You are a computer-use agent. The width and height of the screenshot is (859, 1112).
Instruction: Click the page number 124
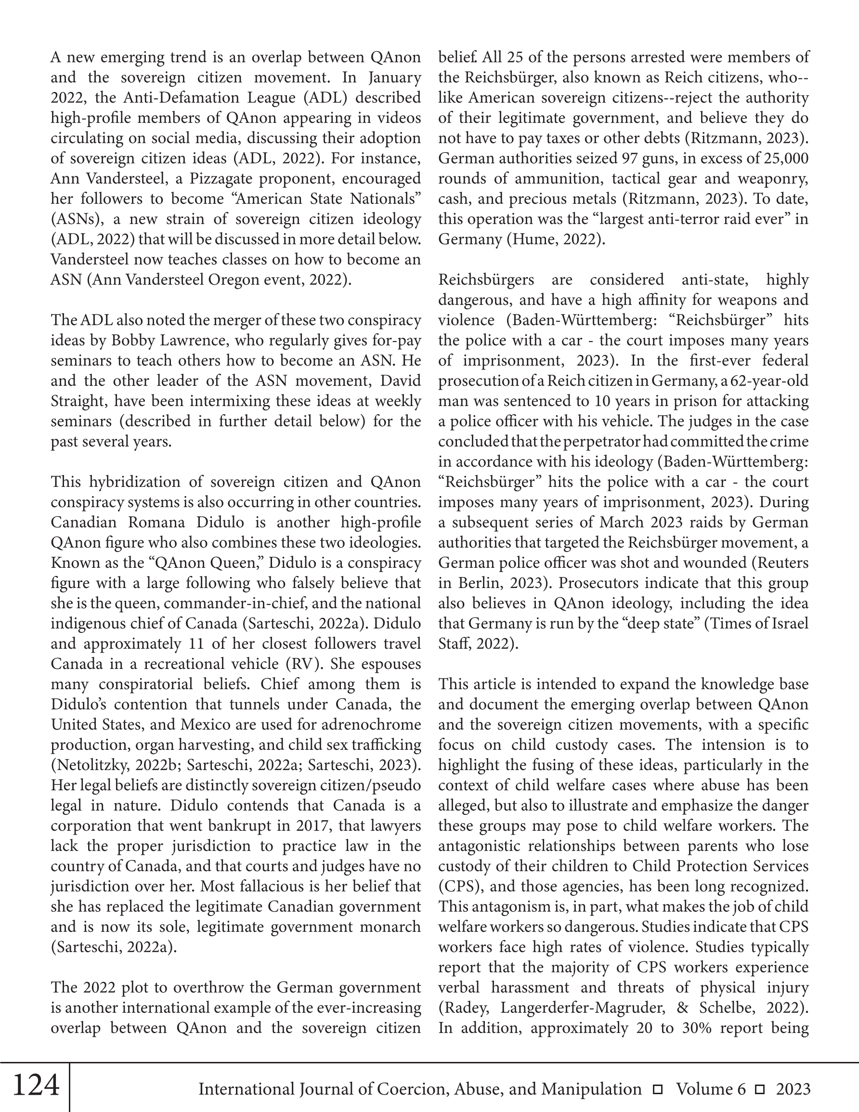(36, 1085)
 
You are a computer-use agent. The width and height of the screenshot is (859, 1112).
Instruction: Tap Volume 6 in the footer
(711, 1089)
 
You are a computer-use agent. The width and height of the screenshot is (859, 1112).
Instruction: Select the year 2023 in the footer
(793, 1089)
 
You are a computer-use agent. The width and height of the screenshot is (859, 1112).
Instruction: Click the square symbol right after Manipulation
(658, 1089)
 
